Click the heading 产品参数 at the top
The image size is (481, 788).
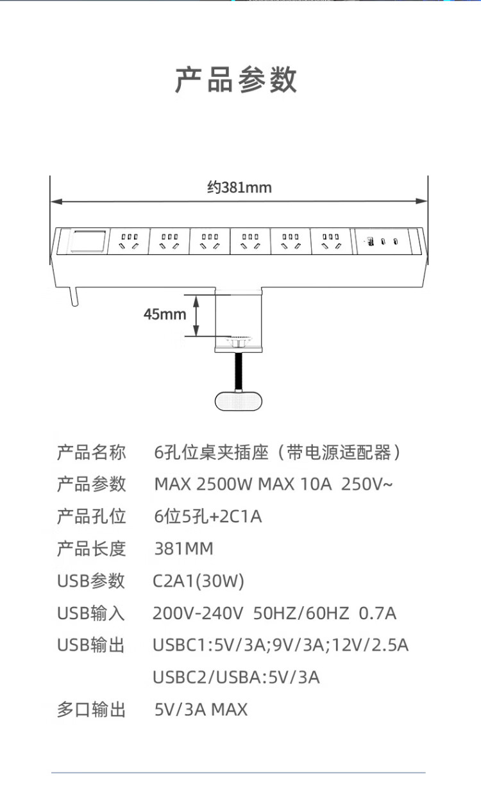[x=236, y=80]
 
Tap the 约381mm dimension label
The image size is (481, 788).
[x=239, y=187]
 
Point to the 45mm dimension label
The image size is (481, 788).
[x=165, y=314]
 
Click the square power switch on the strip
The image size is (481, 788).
[x=89, y=241]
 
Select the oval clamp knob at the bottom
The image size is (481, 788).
[x=239, y=400]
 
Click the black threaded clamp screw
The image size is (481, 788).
[x=239, y=371]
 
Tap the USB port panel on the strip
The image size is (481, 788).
[x=382, y=241]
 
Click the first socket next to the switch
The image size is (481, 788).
[x=129, y=241]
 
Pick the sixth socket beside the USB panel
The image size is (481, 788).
[x=330, y=241]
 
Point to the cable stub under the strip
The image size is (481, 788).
[x=74, y=296]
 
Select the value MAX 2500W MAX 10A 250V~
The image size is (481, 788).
[x=273, y=484]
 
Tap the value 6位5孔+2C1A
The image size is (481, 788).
[x=208, y=517]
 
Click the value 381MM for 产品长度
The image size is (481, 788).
[x=184, y=549]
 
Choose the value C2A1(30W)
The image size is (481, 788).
[x=198, y=581]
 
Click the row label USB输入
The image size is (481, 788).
[x=91, y=613]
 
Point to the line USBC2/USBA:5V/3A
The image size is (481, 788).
[x=236, y=677]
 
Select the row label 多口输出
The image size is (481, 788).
[x=92, y=709]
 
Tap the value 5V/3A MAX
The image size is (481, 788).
[x=201, y=709]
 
